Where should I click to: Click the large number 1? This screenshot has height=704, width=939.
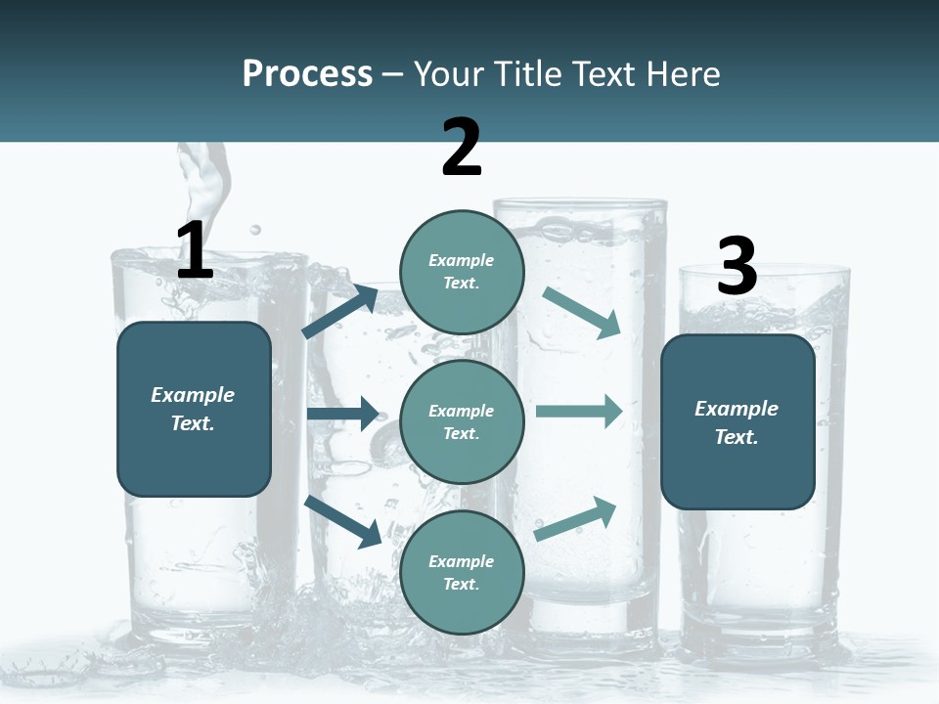coord(195,250)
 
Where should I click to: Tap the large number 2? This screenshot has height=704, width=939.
coord(462,148)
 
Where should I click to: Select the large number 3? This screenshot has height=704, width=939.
coord(737,267)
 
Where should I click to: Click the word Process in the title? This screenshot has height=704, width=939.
coord(307,73)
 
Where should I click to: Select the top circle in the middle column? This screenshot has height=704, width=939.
coord(462,272)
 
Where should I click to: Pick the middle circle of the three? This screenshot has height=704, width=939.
coord(462,421)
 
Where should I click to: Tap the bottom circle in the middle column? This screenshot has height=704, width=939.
coord(462,572)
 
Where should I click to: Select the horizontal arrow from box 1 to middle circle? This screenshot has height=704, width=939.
coord(342,414)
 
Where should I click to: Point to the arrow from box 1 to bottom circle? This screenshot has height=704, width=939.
coord(342,520)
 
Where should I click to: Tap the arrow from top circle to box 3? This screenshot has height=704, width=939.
coord(582,313)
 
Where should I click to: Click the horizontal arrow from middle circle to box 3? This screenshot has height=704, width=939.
coord(579,412)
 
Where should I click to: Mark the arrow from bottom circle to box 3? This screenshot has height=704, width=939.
coord(576,519)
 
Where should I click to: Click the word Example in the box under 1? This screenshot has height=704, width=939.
coord(193,395)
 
